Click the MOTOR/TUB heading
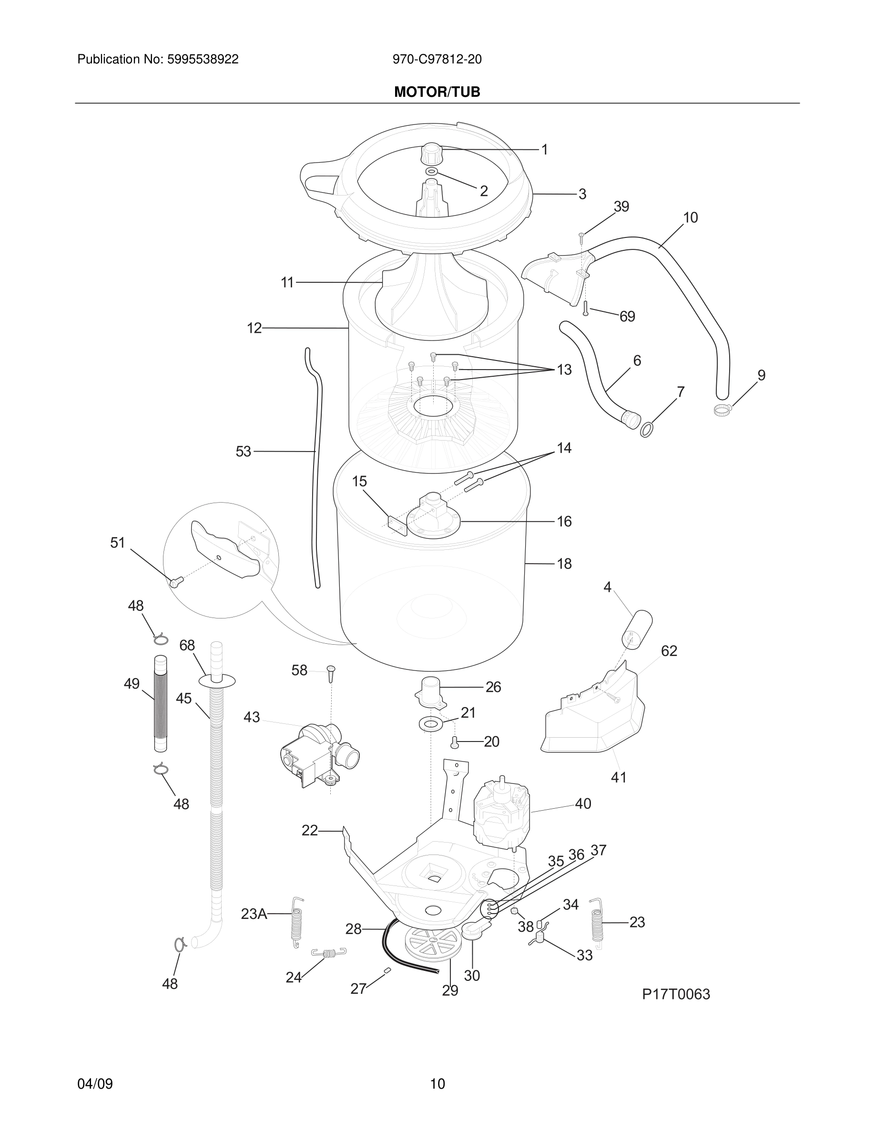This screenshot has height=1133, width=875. tap(437, 92)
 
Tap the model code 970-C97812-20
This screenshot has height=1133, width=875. tap(437, 60)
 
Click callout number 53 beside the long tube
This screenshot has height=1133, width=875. tap(243, 452)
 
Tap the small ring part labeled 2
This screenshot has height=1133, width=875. tap(432, 172)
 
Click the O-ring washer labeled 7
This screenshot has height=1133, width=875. tap(646, 430)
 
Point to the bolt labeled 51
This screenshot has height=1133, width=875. tap(174, 583)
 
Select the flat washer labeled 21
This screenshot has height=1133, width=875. tap(431, 723)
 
